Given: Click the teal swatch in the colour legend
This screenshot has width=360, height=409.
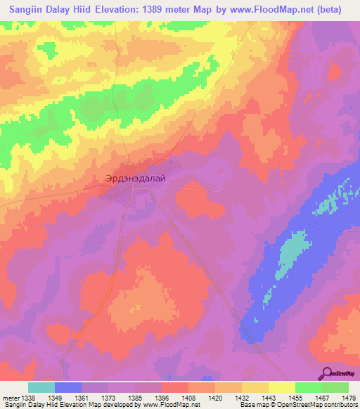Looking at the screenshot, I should [41, 387].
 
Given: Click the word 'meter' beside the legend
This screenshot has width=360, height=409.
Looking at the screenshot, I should [11, 397].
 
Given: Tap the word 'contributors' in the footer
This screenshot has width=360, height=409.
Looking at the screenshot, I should [335, 405].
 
